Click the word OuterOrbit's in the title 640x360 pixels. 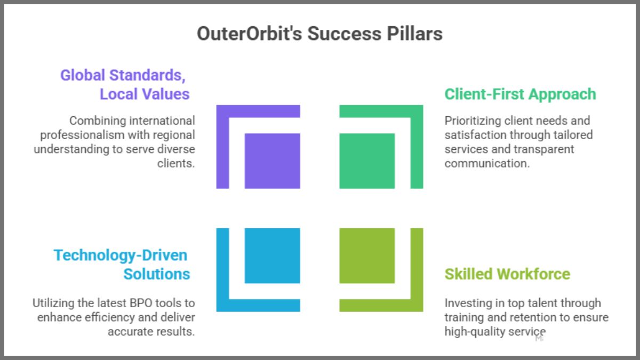point(249,34)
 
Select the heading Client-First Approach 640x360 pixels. point(520,94)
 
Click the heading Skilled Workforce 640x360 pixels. point(507,274)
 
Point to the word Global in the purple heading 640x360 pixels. point(82,75)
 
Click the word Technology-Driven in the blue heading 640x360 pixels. point(121,255)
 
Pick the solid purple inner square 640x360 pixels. point(272,161)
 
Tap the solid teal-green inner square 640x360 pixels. point(367,161)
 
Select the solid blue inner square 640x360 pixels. point(272,255)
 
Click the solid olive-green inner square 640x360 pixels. point(367,255)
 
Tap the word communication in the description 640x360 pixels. point(487,163)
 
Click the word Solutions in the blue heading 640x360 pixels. point(157,274)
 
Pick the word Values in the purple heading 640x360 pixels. point(166,94)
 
